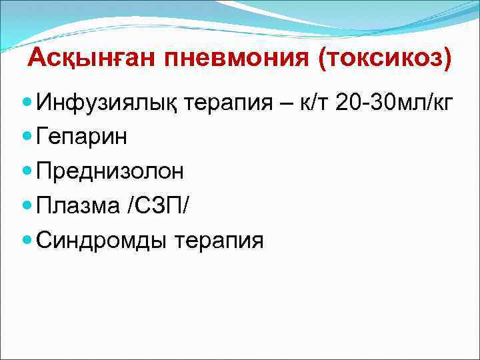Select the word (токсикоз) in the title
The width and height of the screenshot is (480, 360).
coord(385,59)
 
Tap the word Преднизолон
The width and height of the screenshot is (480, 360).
coord(110,171)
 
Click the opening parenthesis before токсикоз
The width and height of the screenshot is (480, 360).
coord(325,59)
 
